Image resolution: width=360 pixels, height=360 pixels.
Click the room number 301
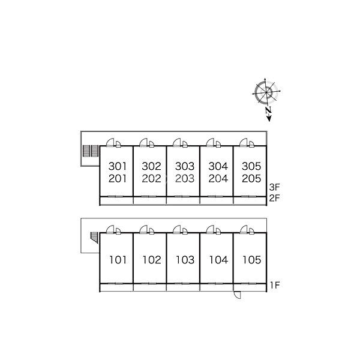tap(118, 166)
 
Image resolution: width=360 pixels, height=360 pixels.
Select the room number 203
tap(185, 178)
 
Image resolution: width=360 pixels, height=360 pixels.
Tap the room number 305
tap(251, 166)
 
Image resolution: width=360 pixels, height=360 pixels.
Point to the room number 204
tap(218, 178)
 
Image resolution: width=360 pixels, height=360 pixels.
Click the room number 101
tap(118, 260)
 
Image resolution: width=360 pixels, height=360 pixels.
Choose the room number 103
tap(185, 260)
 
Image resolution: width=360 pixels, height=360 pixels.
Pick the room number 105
tap(252, 260)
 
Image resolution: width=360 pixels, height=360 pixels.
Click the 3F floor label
tap(275, 187)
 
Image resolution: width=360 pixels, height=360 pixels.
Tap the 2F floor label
tap(275, 198)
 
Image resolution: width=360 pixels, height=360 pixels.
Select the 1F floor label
tap(275, 286)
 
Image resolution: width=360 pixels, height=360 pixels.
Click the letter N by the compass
tap(268, 110)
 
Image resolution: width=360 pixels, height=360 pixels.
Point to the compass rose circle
tap(266, 92)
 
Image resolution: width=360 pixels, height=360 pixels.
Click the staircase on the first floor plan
tap(94, 238)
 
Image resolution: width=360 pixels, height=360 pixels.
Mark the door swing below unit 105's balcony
tap(237, 295)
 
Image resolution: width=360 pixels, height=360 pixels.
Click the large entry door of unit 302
tap(143, 142)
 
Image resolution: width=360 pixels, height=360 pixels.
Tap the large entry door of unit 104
tap(211, 229)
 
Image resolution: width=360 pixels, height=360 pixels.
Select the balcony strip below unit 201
tap(116, 200)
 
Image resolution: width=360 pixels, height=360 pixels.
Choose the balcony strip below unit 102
tap(149, 287)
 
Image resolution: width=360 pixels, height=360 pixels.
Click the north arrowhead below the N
tap(269, 118)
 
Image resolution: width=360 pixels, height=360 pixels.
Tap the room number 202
tap(151, 178)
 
